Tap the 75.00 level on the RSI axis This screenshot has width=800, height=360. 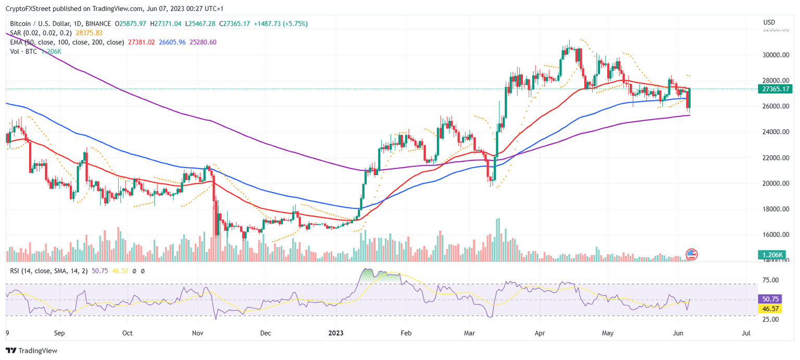770,280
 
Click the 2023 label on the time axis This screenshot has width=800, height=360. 336,332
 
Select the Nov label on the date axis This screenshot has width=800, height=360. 197,332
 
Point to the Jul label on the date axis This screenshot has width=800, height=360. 746,332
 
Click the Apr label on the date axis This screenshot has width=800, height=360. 540,332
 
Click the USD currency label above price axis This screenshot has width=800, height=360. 769,22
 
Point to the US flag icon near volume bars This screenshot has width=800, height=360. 692,254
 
